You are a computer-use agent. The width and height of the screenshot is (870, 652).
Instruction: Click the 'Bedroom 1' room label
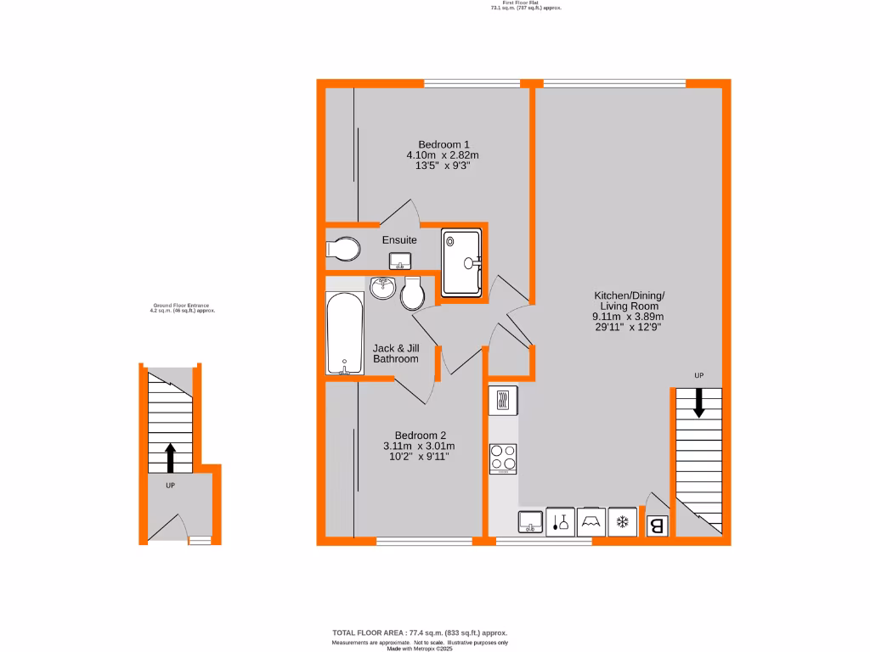tap(443, 143)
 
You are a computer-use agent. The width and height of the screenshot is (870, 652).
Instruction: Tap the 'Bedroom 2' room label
tap(419, 435)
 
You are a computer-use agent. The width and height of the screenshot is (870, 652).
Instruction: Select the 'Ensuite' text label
tap(399, 240)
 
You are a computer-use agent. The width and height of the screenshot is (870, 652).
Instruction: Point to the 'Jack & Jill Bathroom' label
tap(396, 353)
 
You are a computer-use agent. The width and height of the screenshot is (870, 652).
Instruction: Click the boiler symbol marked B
tap(658, 526)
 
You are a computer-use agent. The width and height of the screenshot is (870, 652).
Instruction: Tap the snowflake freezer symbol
tap(622, 521)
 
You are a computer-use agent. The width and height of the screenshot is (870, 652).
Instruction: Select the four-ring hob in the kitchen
tap(503, 458)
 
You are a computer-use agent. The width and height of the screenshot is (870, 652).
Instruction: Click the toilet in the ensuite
tap(342, 250)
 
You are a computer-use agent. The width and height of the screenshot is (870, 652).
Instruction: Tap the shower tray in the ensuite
tap(461, 262)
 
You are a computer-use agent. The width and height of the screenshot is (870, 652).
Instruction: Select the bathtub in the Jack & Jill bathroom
tap(346, 333)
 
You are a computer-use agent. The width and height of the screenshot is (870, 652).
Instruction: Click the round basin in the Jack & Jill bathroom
tap(383, 288)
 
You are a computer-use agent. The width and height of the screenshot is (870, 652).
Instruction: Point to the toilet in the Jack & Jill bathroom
tap(413, 292)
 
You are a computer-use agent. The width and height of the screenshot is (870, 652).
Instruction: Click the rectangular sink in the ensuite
tap(398, 260)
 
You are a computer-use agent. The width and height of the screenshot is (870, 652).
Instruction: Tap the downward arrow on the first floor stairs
tap(698, 402)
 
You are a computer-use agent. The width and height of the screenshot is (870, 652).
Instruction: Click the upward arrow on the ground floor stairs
tap(170, 457)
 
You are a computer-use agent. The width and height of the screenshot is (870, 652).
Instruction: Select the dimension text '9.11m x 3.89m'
tap(629, 316)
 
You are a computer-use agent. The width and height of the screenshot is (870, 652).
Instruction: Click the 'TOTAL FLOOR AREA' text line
tap(419, 633)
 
